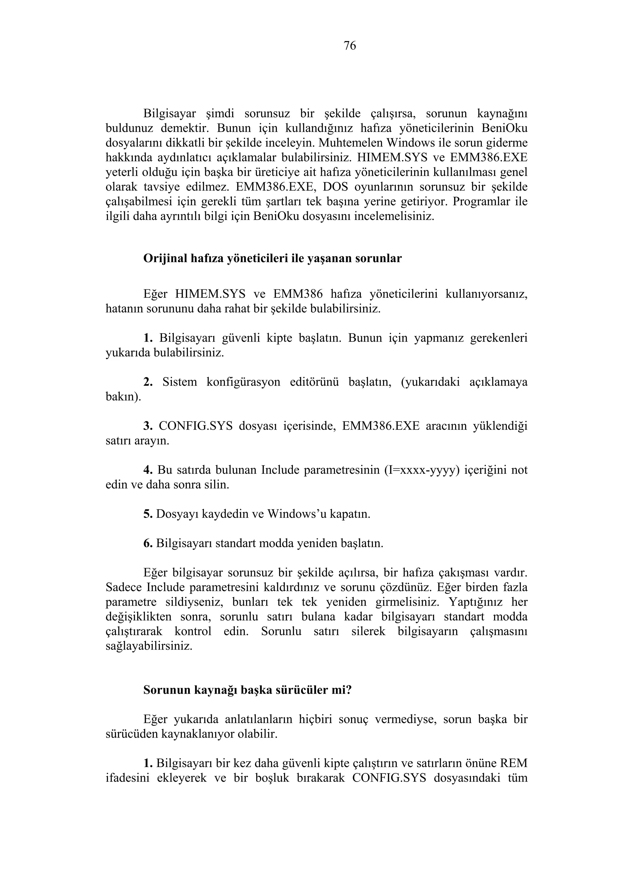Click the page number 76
coord(350,46)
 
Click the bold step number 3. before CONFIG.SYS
coord(148,426)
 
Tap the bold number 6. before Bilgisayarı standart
coord(148,544)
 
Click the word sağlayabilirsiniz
coord(149,646)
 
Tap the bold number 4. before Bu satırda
coord(148,470)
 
